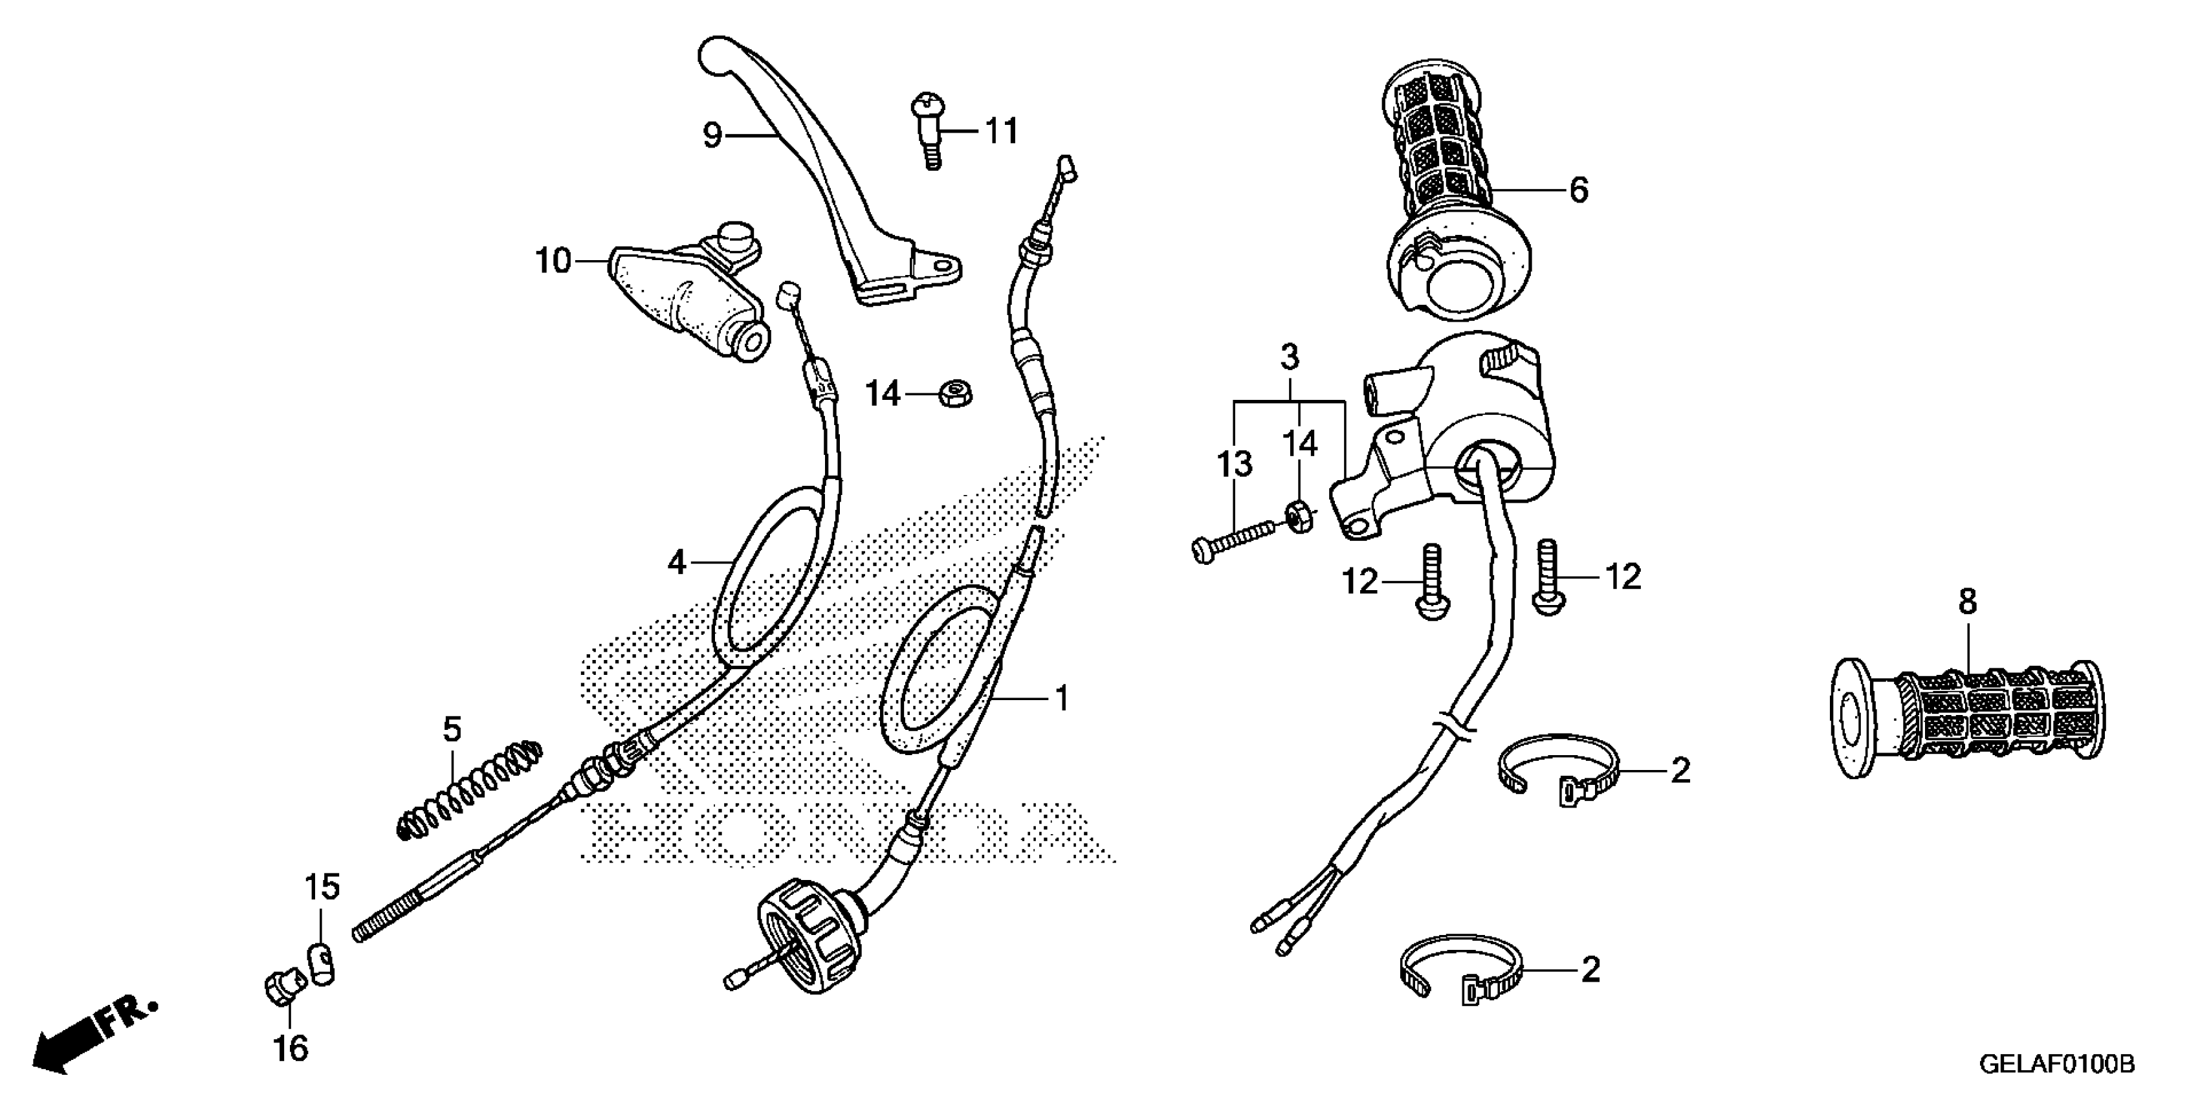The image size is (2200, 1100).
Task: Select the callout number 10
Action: click(553, 261)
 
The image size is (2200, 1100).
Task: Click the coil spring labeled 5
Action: click(470, 789)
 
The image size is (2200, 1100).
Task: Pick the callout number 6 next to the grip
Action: click(1579, 190)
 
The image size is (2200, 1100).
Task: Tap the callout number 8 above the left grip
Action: click(1967, 602)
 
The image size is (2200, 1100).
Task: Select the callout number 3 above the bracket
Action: click(1290, 356)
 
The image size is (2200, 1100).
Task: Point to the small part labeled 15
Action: click(320, 963)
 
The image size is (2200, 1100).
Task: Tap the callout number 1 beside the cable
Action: click(1062, 699)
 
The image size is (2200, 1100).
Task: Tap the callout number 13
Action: click(1234, 465)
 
